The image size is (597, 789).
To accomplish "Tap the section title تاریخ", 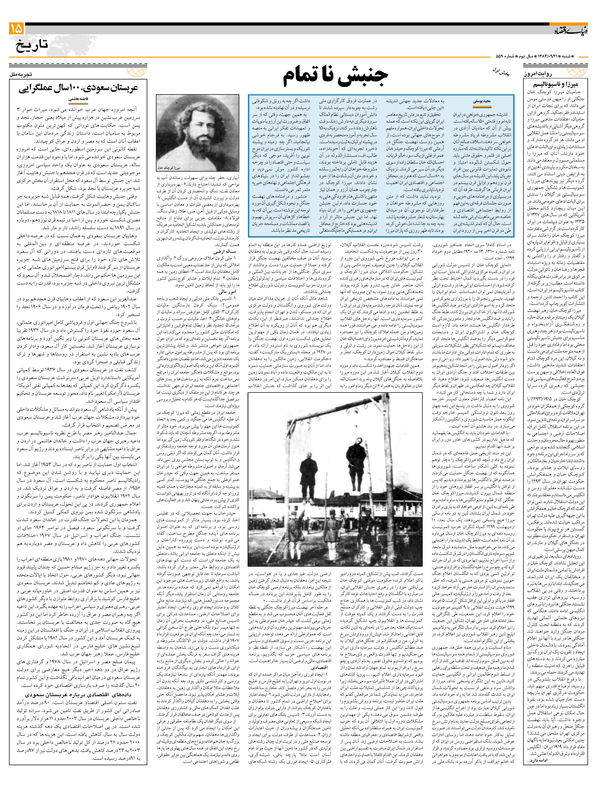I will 32,46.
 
